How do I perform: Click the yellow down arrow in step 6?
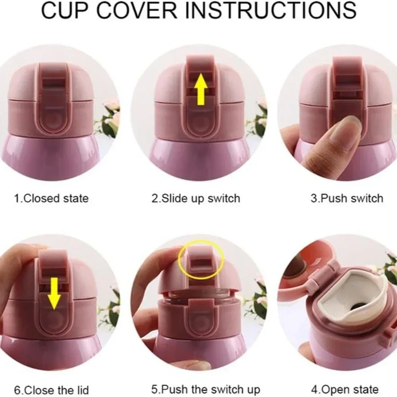(54, 293)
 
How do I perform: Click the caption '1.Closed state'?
(51, 198)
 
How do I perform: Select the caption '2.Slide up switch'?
(196, 198)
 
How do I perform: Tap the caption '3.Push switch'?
(347, 198)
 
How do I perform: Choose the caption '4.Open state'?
(345, 389)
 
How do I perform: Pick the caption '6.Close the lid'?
(51, 389)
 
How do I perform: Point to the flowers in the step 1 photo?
(110, 118)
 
